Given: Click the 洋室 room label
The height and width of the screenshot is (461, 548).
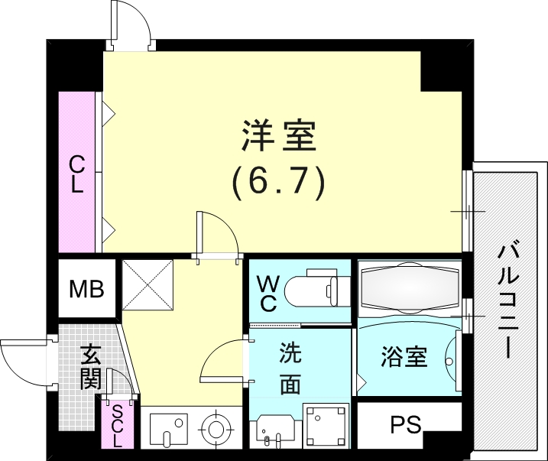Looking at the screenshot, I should click(278, 138).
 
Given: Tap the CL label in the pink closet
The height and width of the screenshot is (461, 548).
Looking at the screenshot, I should click(77, 174).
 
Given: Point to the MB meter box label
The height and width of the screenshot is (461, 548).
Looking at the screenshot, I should click(87, 289).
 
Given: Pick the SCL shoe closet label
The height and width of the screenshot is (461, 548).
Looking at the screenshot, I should click(116, 425).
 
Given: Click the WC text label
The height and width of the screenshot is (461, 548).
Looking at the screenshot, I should click(268, 292).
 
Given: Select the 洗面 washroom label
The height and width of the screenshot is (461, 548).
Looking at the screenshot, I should click(290, 368).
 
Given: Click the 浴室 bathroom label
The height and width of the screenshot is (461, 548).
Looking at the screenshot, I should click(404, 357).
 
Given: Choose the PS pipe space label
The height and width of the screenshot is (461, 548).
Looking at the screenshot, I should click(405, 425).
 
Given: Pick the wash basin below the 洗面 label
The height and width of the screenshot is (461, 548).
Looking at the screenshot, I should click(275, 429).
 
